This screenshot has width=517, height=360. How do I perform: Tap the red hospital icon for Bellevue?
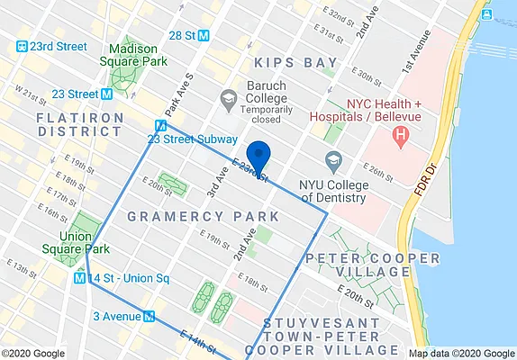(400, 136)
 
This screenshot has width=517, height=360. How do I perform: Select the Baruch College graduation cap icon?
(229, 97)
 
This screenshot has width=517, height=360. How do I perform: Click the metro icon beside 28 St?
(204, 35)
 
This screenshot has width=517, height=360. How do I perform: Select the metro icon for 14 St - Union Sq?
(80, 278)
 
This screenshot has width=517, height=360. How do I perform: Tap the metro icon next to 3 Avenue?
(150, 316)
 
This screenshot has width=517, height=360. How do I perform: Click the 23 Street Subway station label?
(193, 139)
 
